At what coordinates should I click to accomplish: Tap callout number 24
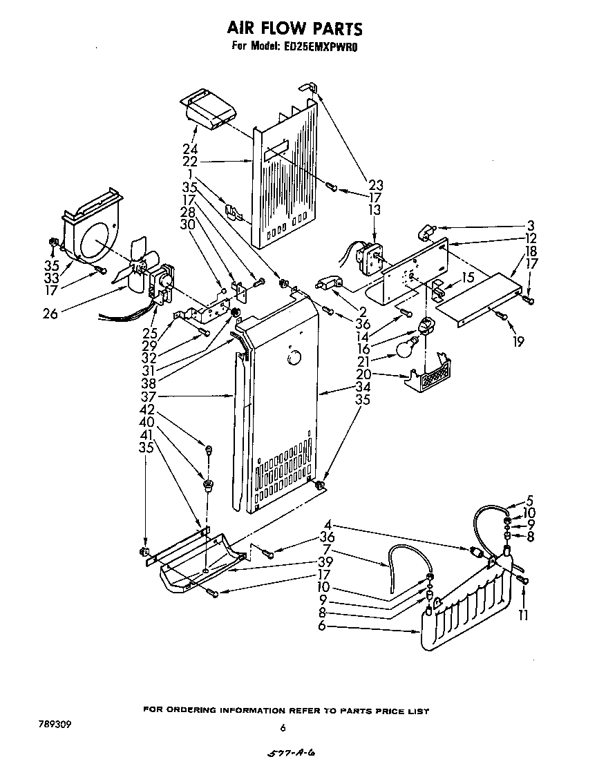coord(190,149)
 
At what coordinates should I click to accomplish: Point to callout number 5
coord(530,501)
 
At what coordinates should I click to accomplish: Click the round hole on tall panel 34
coord(293,358)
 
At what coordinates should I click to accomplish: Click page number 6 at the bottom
coord(283,727)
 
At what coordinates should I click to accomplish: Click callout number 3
coord(530,226)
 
